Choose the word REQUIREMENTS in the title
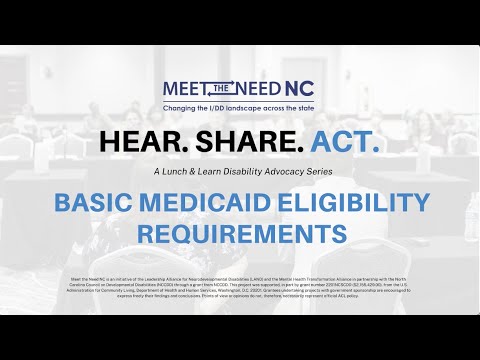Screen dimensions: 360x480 pos(240,234)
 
